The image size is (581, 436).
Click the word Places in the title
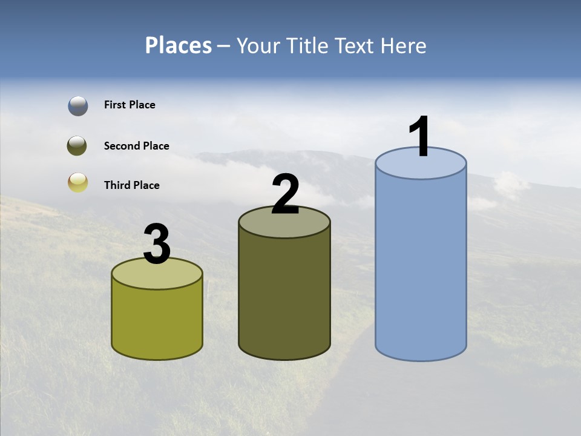(x=179, y=45)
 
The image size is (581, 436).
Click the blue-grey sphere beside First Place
(x=78, y=105)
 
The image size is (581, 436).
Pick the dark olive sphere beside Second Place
(x=78, y=146)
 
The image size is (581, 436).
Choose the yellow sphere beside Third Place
(x=78, y=182)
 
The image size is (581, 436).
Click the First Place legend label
(x=130, y=105)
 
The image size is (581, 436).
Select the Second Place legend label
(x=136, y=146)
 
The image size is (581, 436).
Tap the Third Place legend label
(x=131, y=185)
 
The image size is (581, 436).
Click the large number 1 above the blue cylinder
(x=420, y=137)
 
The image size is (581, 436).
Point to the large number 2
(x=285, y=194)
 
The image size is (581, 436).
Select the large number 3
(x=157, y=245)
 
